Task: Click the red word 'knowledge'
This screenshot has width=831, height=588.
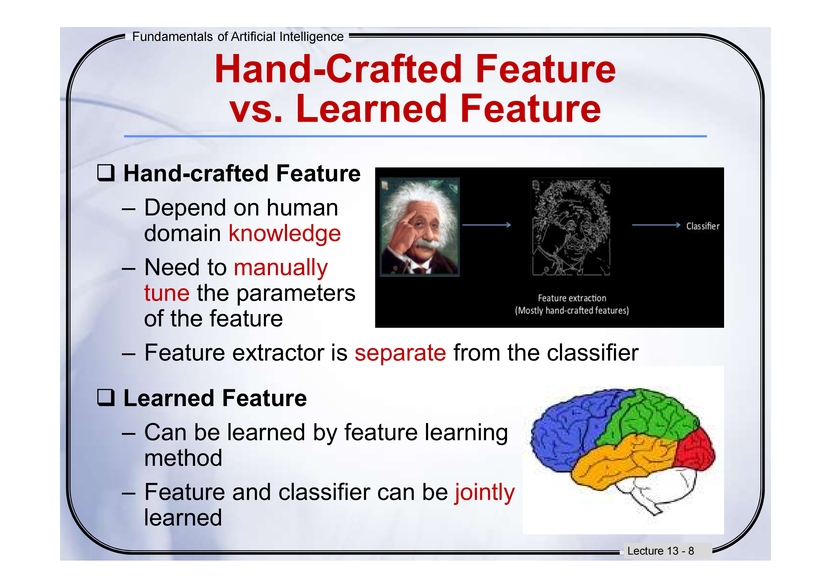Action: (x=285, y=234)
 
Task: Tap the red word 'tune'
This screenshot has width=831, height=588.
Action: (x=167, y=293)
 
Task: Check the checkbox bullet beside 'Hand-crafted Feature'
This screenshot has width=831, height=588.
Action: (x=106, y=173)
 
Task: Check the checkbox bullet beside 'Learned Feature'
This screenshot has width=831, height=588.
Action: (x=106, y=397)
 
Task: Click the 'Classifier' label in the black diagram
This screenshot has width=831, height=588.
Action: (x=703, y=226)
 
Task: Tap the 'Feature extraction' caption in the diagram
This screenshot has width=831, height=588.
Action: (x=572, y=298)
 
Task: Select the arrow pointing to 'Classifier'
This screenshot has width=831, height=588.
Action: (x=656, y=225)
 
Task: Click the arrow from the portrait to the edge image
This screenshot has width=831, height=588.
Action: (x=487, y=225)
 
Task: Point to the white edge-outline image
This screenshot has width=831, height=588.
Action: (x=571, y=228)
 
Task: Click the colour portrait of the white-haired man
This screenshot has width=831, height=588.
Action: (x=420, y=227)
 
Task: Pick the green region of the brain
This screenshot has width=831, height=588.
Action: (x=648, y=416)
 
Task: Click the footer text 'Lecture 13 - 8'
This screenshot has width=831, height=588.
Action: (x=660, y=551)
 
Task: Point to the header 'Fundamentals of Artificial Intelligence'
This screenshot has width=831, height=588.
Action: (x=238, y=37)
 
